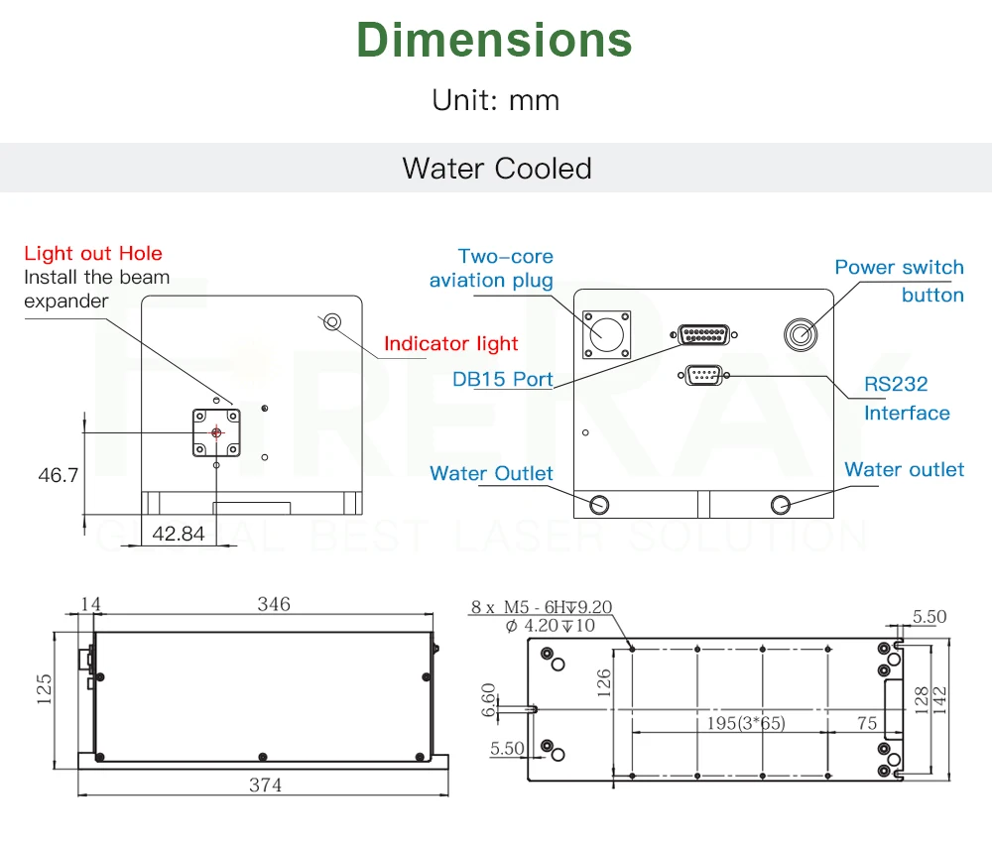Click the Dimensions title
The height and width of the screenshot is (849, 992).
coord(494,40)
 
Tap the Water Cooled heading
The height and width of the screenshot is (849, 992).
coord(497,169)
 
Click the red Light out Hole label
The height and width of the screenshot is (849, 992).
coord(93,253)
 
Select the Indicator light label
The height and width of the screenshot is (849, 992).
coord(450,343)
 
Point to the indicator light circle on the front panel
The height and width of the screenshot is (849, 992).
coord(332,322)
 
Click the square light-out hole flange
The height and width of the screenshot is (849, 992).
coord(216,432)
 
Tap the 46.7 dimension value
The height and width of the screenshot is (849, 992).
coord(59,475)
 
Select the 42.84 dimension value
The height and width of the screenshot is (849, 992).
coord(179,534)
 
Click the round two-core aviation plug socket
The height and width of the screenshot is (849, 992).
coord(607,334)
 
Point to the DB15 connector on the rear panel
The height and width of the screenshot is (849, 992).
coord(703,334)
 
